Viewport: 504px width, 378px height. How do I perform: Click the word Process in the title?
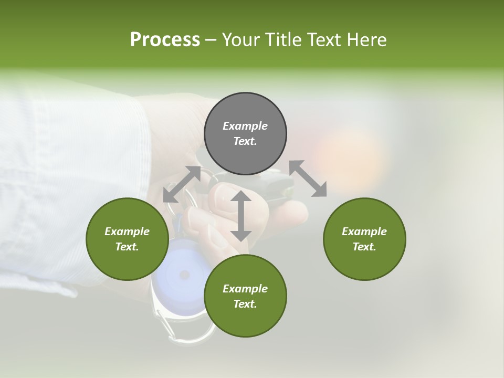click(x=165, y=40)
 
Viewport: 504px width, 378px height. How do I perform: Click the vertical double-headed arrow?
click(x=241, y=216)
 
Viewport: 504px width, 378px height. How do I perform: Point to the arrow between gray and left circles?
click(x=182, y=184)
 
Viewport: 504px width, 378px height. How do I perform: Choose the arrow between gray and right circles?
click(x=308, y=179)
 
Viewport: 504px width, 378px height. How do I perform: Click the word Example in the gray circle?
click(x=245, y=126)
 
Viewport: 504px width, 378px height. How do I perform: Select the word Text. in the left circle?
click(x=127, y=247)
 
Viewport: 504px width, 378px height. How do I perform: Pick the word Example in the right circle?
click(x=364, y=232)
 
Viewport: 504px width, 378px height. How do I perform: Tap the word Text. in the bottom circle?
click(x=245, y=304)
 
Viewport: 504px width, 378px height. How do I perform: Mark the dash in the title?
click(x=211, y=40)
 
